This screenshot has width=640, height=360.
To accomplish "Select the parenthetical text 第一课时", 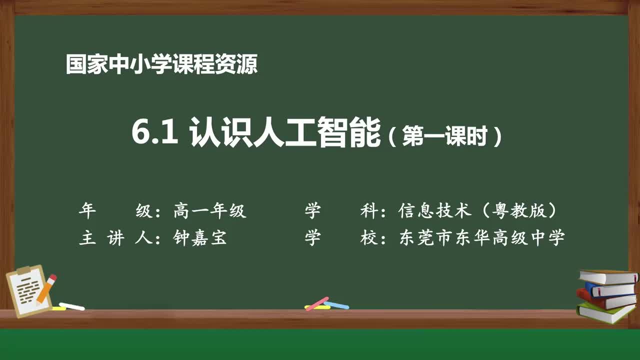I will (x=444, y=136).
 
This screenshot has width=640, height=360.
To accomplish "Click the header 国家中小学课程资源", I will (x=161, y=64).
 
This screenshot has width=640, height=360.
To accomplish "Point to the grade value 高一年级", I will (x=210, y=211).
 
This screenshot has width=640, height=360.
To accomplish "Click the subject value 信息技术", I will (x=435, y=211).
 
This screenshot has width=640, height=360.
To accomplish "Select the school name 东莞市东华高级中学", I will (x=482, y=238).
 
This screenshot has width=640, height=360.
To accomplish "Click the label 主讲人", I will (x=112, y=238).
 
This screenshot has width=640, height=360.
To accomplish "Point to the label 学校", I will (x=340, y=238).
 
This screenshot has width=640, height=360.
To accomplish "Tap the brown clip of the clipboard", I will (x=24, y=270).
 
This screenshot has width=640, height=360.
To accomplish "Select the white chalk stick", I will (x=72, y=306).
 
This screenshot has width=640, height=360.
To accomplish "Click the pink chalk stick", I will (x=316, y=303).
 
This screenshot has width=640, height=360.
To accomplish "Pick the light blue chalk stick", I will (x=336, y=304).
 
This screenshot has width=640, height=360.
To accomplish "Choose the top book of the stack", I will (x=607, y=276).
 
